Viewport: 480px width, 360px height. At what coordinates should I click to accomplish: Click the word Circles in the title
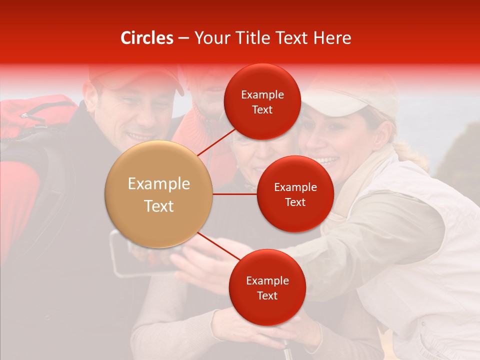point(146,38)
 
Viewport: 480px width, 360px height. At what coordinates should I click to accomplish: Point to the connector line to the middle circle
point(234,194)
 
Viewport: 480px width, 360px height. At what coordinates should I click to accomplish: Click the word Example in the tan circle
point(158,184)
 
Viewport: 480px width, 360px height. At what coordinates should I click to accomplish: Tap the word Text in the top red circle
point(262,110)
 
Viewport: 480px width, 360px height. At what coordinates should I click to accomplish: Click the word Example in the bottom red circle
point(267,280)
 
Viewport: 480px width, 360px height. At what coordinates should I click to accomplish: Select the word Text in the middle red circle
point(295,202)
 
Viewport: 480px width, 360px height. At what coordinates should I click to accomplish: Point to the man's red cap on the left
point(135,75)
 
